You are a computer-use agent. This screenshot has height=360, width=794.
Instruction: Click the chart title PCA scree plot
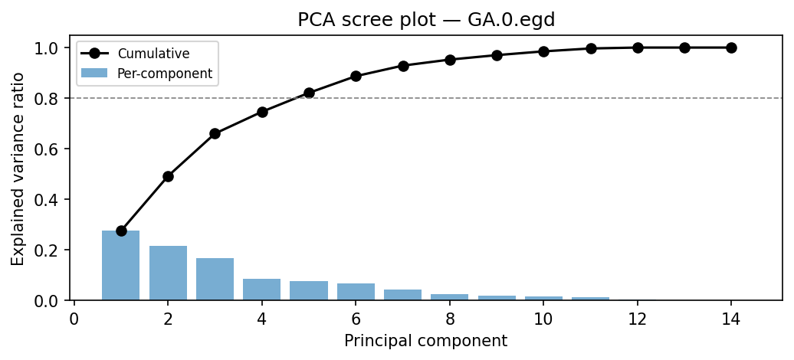426,20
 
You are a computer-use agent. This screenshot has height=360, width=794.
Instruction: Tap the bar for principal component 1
121,265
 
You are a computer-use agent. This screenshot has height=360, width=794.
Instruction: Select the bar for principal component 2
168,273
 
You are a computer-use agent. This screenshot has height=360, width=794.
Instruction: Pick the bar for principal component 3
215,279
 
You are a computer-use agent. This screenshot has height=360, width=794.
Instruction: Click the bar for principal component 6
356,292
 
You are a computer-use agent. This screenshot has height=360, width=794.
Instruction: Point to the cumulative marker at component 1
121,231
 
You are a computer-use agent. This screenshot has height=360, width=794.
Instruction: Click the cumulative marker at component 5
309,93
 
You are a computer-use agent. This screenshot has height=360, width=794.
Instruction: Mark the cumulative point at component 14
731,47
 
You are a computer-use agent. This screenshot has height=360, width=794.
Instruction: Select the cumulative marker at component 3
215,133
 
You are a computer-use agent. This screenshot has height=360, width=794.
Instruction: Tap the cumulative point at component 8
450,60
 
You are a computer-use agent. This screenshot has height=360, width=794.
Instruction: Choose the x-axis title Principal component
425,341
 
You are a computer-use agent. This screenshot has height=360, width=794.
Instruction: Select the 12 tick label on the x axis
638,318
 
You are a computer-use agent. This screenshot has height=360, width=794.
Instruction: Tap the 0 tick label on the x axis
74,318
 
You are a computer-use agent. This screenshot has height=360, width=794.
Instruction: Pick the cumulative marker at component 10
543,51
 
